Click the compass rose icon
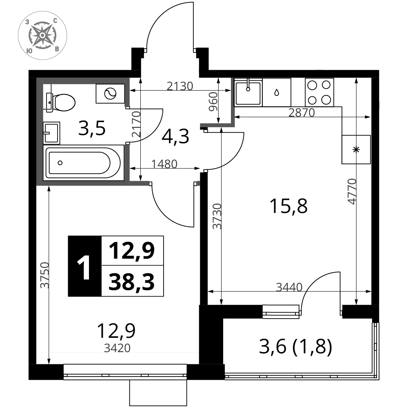(42, 35)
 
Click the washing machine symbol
(110, 93)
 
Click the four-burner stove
(319, 92)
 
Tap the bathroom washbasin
(51, 133)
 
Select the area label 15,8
(288, 206)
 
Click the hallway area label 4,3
(175, 136)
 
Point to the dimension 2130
(180, 86)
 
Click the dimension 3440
(289, 287)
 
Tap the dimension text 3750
(45, 275)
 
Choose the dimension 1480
(164, 164)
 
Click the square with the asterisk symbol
(356, 150)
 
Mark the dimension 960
(213, 102)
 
